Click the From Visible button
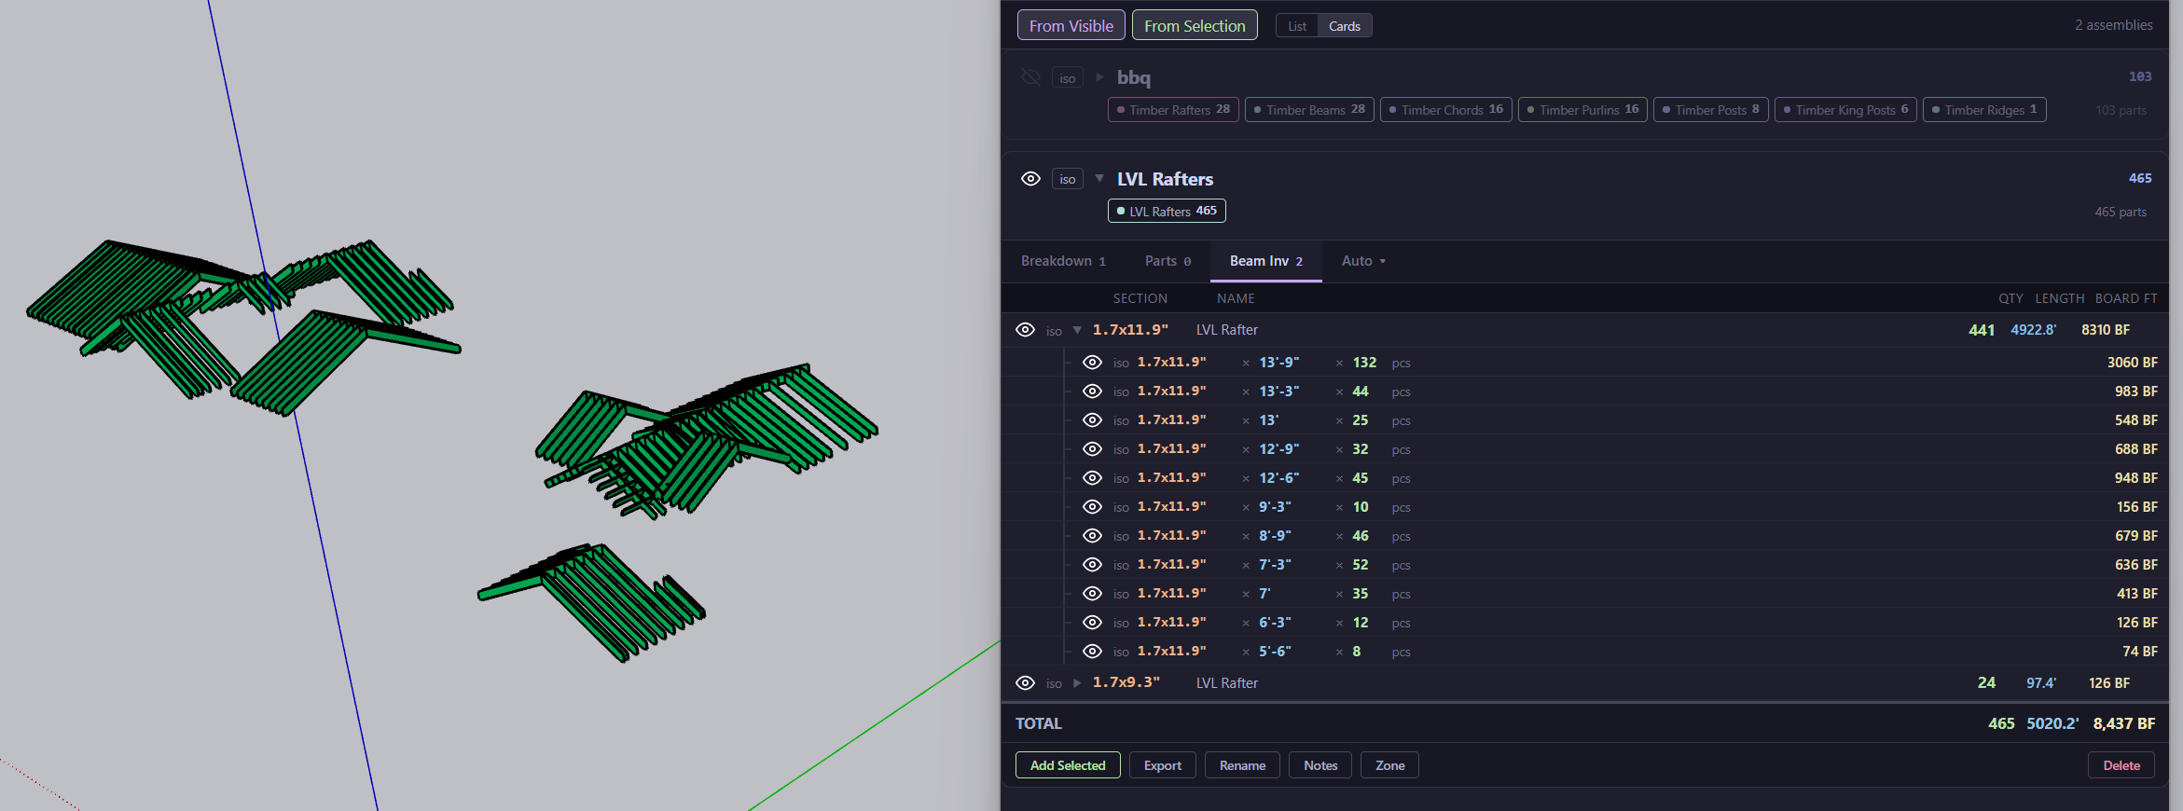1071,26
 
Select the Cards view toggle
1344,26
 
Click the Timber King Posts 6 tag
1845,110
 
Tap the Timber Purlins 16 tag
1582,110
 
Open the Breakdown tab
1063,261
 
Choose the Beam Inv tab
1265,261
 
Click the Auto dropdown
1363,261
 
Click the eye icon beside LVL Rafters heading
1030,179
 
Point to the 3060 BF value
2132,363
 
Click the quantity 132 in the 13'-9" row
1364,363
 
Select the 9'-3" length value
1275,507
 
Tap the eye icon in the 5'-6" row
1092,652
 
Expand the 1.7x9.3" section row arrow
1077,683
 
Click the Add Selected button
1068,765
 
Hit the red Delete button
2121,765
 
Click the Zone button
1389,765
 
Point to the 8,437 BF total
2123,723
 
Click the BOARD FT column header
2126,298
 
